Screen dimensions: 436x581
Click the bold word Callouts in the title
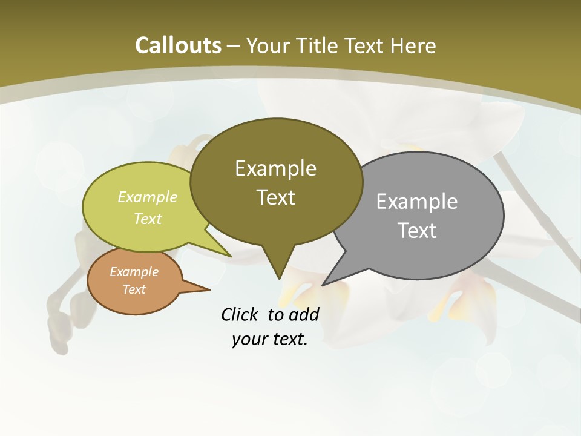[x=178, y=45]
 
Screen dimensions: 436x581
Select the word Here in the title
[x=413, y=45]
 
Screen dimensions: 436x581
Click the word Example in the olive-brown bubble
[x=275, y=168]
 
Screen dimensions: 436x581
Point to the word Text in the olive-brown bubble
[x=275, y=197]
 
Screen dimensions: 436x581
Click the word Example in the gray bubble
[x=417, y=202]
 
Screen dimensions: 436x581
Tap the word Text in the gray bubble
[x=417, y=231]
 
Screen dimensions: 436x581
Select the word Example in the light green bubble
[x=148, y=197]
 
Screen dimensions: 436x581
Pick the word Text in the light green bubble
[x=148, y=219]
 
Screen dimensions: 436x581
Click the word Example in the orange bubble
[x=134, y=272]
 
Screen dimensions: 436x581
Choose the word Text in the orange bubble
[x=134, y=289]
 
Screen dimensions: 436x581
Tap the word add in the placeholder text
[x=303, y=314]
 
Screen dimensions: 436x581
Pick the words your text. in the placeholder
[x=269, y=339]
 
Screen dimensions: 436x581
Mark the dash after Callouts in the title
[x=234, y=45]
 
